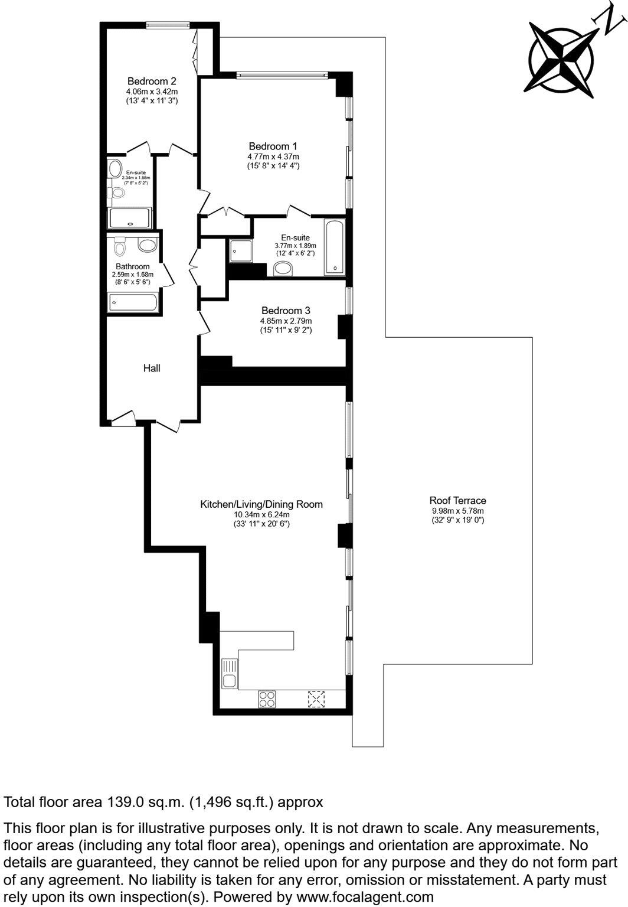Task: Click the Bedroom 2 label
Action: [x=152, y=81]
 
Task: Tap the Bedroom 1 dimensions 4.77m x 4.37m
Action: [x=273, y=156]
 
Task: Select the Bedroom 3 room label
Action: [x=286, y=311]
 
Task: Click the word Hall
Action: [x=152, y=368]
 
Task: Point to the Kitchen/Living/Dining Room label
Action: [x=261, y=504]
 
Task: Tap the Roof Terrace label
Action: [x=457, y=501]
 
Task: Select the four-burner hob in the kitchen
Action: [x=267, y=699]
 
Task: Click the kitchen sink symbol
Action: [x=229, y=674]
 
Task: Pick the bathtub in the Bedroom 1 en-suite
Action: [x=335, y=247]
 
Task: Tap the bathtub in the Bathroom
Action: [x=133, y=303]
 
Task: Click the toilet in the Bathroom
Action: [x=120, y=245]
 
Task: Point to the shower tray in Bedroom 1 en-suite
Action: [x=240, y=250]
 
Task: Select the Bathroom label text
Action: [x=132, y=267]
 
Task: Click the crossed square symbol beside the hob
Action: [x=316, y=699]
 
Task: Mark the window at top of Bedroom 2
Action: [x=168, y=25]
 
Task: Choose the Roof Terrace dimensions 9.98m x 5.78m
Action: [x=457, y=511]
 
